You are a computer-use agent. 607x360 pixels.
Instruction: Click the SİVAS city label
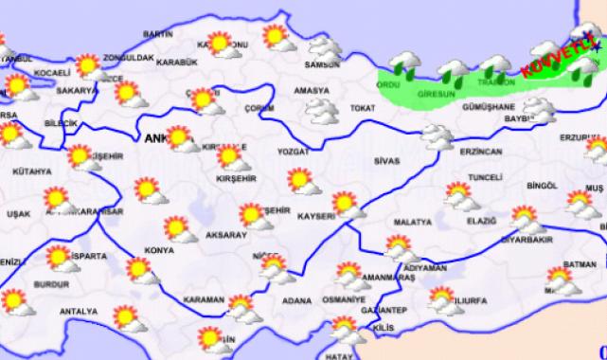coord(386,162)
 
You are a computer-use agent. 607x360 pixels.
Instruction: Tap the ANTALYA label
coord(79,311)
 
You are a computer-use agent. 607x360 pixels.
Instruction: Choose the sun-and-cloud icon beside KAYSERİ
coord(348,204)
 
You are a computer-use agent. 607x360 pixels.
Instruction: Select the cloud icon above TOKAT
coord(322,112)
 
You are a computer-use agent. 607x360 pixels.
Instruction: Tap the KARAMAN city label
coord(205,300)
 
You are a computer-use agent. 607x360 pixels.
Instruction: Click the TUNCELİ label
coord(485,177)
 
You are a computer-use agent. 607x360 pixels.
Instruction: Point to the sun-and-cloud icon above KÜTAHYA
coord(83,158)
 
